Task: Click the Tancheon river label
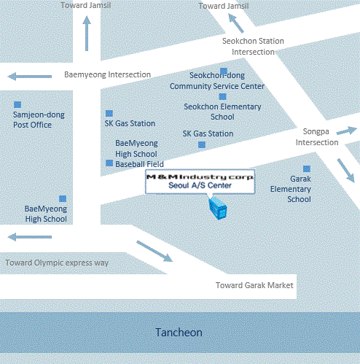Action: pyautogui.click(x=179, y=333)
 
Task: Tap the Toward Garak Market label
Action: pyautogui.click(x=254, y=285)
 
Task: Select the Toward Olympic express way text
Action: pyautogui.click(x=57, y=263)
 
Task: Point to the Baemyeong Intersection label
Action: pyautogui.click(x=107, y=74)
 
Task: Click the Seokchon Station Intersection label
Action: pyautogui.click(x=253, y=47)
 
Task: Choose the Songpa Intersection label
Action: pyautogui.click(x=317, y=137)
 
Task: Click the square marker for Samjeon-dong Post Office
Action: pyautogui.click(x=17, y=105)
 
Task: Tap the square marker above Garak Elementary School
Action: pyautogui.click(x=307, y=169)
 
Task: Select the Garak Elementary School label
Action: pyautogui.click(x=291, y=189)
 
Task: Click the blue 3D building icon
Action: pyautogui.click(x=218, y=208)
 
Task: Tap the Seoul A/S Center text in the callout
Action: pyautogui.click(x=200, y=185)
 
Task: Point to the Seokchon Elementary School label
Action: pyautogui.click(x=222, y=112)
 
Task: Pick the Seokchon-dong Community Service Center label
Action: pyautogui.click(x=217, y=81)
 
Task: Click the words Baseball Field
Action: pyautogui.click(x=139, y=164)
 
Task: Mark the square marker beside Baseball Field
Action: pyautogui.click(x=109, y=163)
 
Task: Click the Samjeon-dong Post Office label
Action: pyautogui.click(x=39, y=120)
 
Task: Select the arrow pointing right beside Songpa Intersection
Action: pyautogui.click(x=347, y=131)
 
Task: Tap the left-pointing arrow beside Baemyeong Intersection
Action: pyautogui.click(x=30, y=77)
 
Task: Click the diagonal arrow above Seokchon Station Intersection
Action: pyautogui.click(x=236, y=23)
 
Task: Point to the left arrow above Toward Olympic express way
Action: pyautogui.click(x=30, y=237)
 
